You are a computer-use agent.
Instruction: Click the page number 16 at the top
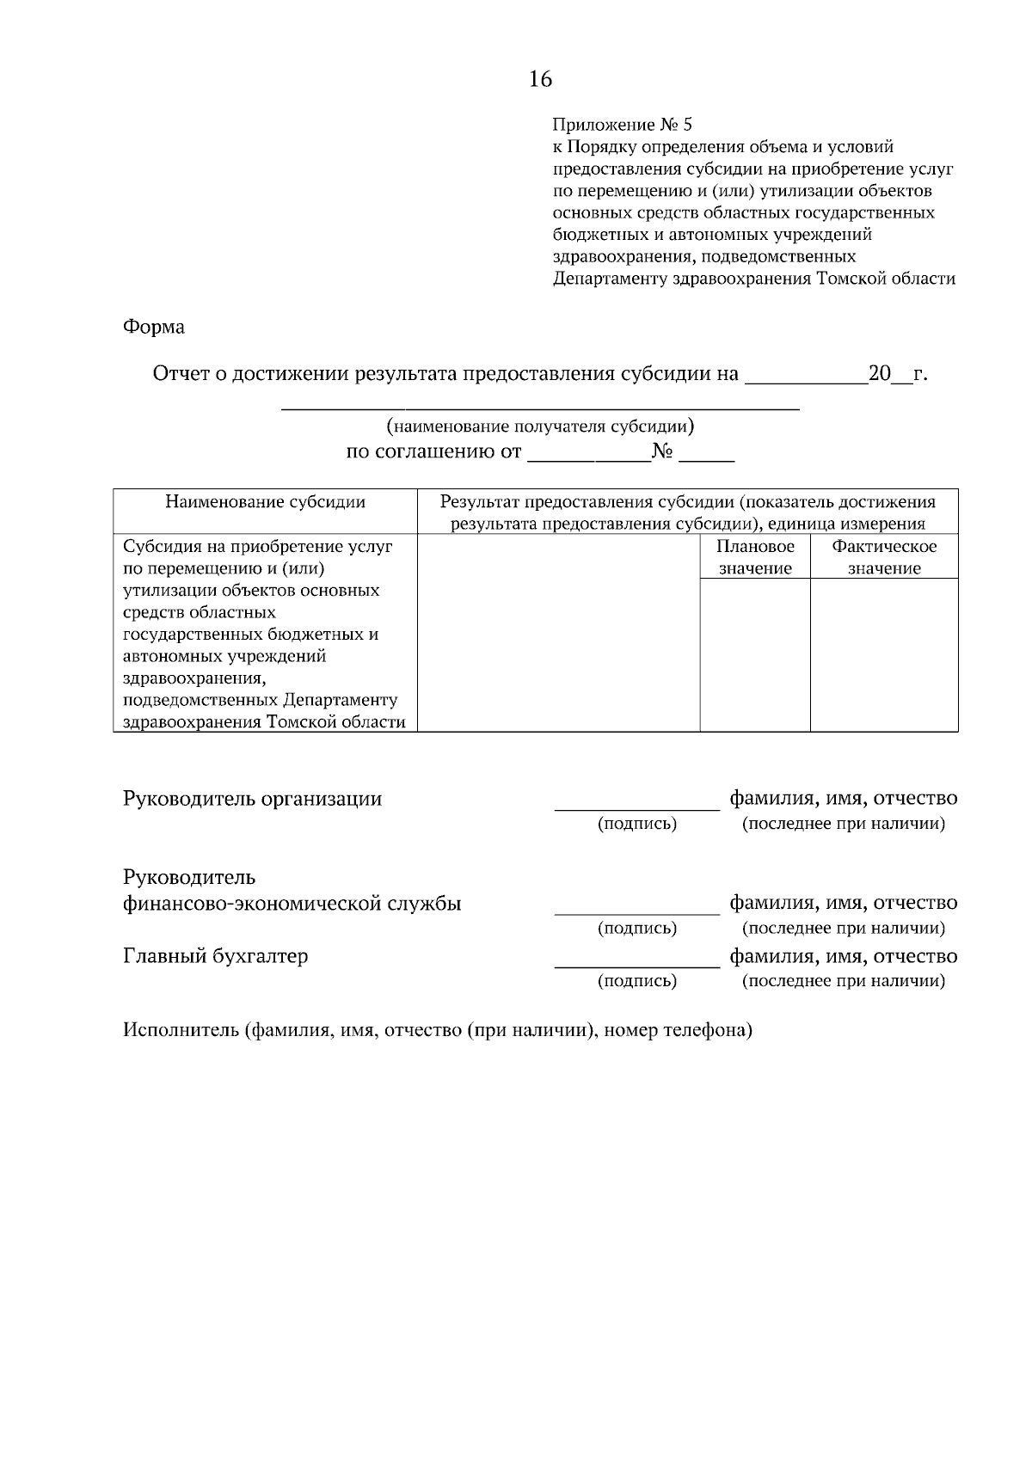pyautogui.click(x=540, y=80)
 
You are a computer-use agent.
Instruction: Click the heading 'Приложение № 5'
pyautogui.click(x=621, y=125)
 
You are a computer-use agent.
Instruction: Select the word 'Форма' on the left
pyautogui.click(x=154, y=327)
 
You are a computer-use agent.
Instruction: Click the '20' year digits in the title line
pyautogui.click(x=879, y=374)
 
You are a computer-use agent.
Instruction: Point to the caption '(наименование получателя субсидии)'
pyautogui.click(x=540, y=426)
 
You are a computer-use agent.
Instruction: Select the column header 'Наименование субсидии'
pyautogui.click(x=265, y=502)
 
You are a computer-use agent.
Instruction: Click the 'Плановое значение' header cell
pyautogui.click(x=755, y=557)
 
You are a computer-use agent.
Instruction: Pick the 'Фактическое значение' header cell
pyautogui.click(x=884, y=557)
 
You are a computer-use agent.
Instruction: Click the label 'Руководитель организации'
pyautogui.click(x=252, y=799)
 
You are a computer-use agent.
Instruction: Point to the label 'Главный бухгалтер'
pyautogui.click(x=215, y=956)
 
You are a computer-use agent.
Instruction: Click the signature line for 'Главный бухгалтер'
pyautogui.click(x=636, y=966)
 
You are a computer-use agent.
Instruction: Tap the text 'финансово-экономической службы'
pyautogui.click(x=292, y=904)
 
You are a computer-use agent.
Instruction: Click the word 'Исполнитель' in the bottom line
pyautogui.click(x=181, y=1030)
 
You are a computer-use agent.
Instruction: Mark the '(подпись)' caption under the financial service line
pyautogui.click(x=636, y=928)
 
